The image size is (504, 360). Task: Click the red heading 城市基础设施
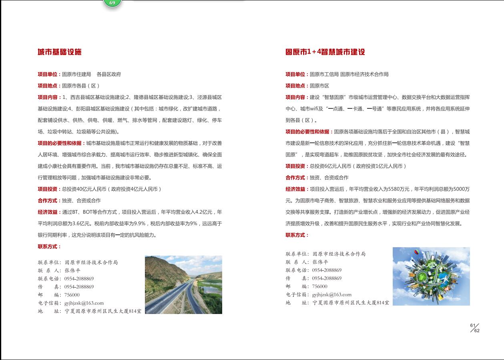(60, 52)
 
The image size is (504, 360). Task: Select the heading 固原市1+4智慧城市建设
(325, 52)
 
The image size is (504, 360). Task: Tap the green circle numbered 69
(112, 3)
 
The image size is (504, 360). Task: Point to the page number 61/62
(475, 328)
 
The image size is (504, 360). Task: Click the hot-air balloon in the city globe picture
(416, 252)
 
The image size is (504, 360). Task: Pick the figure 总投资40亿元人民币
(84, 189)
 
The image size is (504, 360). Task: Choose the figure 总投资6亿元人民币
(330, 166)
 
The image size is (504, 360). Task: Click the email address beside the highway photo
(84, 303)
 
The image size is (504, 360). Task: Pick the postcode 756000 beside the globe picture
(319, 286)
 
